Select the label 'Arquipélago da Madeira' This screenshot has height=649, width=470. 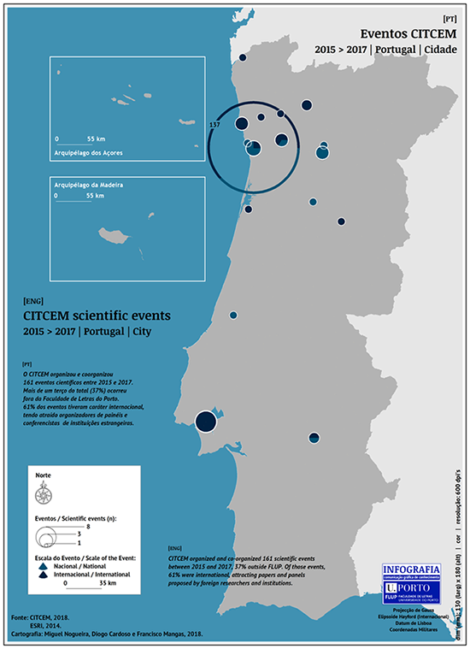88,185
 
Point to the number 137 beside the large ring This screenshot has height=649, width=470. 214,125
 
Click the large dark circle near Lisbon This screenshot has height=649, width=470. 205,421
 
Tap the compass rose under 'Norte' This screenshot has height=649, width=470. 41,493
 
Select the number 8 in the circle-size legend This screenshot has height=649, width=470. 76,529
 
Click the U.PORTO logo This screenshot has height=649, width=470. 413,589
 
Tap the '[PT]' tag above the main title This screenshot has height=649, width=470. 449,18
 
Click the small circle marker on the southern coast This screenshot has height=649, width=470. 314,438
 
